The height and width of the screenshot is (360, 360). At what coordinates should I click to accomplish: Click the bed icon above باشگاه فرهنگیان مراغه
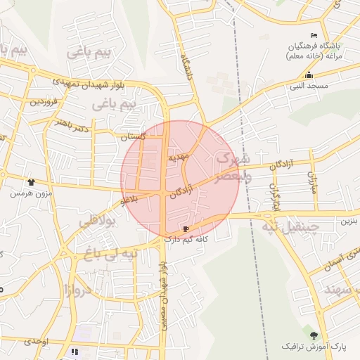(314, 36)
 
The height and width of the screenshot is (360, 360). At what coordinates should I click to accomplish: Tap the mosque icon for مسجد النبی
(308, 75)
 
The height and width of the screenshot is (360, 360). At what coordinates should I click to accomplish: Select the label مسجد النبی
(308, 85)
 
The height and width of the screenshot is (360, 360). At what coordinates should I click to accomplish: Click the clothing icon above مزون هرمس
(31, 182)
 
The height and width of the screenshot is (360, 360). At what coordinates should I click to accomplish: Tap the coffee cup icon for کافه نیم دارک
(186, 229)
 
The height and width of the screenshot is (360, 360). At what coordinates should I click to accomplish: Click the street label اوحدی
(35, 341)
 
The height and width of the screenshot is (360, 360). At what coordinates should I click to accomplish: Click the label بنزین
(349, 221)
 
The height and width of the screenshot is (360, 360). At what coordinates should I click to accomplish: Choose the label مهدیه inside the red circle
(176, 158)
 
